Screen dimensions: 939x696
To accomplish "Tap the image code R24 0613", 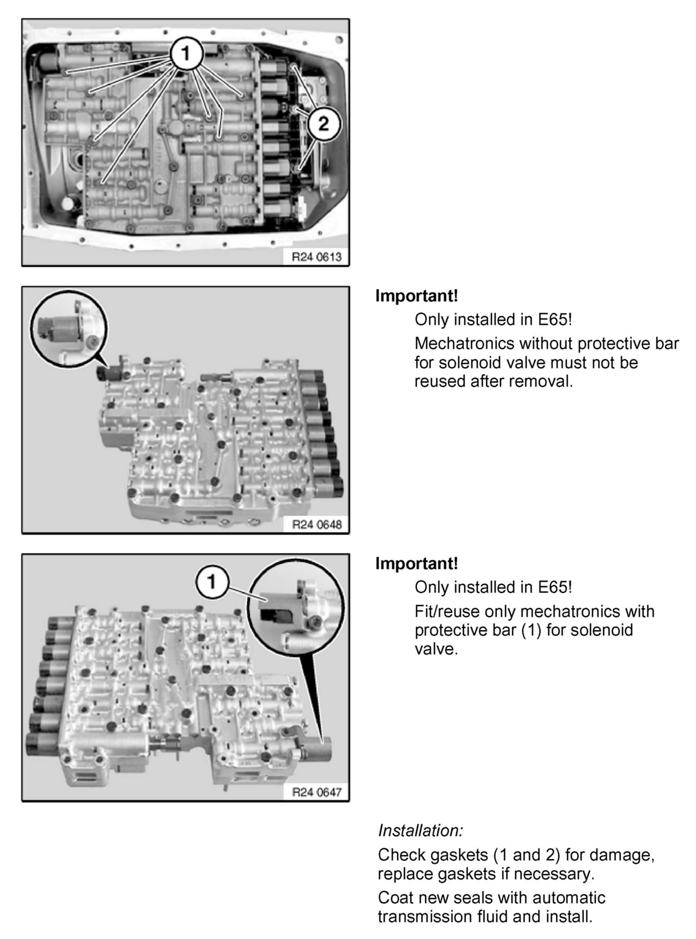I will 317,257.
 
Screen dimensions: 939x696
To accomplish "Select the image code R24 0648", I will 317,525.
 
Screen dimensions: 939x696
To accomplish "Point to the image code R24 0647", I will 317,792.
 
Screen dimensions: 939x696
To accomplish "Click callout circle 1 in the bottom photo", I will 212,582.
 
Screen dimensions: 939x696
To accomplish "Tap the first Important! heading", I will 416,296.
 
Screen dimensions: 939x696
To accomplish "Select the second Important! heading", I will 416,563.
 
